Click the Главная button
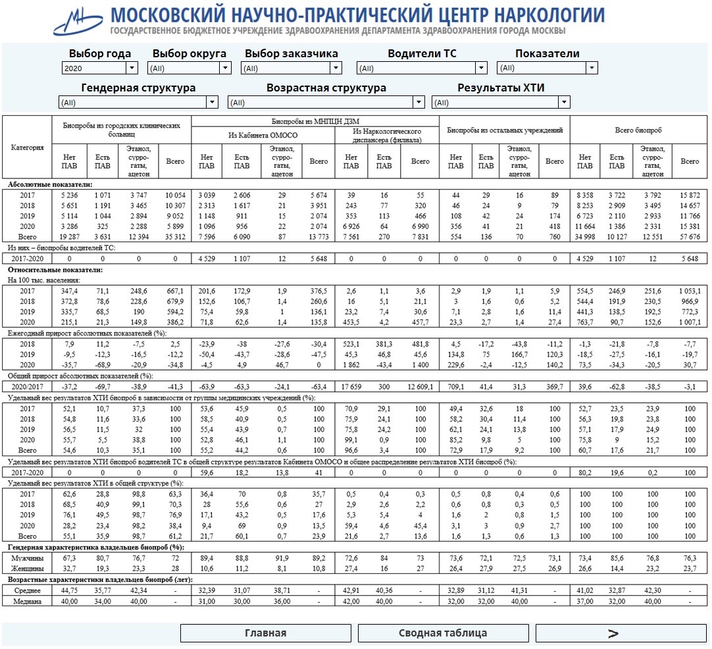pyautogui.click(x=266, y=633)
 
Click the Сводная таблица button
pyautogui.click(x=443, y=633)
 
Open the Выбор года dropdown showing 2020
pyautogui.click(x=100, y=68)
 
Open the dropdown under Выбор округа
pyautogui.click(x=190, y=68)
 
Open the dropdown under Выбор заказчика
pyautogui.click(x=292, y=68)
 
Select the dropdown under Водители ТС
pyautogui.click(x=422, y=68)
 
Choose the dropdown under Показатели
pyautogui.click(x=547, y=68)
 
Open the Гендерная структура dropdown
pyautogui.click(x=138, y=102)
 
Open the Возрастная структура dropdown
pyautogui.click(x=326, y=102)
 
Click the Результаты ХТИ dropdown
pyautogui.click(x=501, y=102)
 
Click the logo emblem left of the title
pyautogui.click(x=78, y=22)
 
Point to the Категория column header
pyautogui.click(x=28, y=147)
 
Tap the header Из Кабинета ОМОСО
pyautogui.click(x=263, y=135)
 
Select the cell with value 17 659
pyautogui.click(x=351, y=386)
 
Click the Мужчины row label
pyautogui.click(x=28, y=558)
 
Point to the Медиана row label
pyautogui.click(x=28, y=601)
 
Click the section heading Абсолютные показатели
pyautogui.click(x=50, y=184)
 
